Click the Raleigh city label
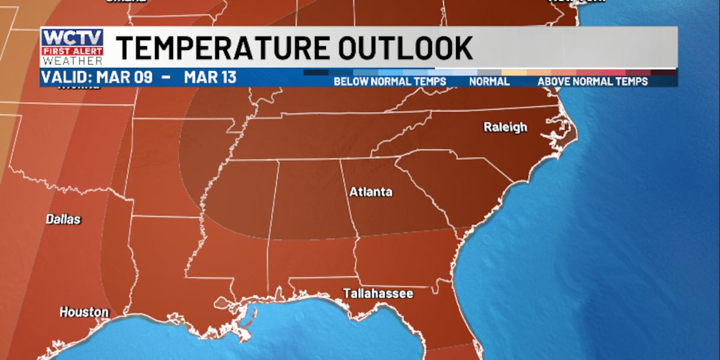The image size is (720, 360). (506, 127)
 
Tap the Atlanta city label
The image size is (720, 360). (371, 192)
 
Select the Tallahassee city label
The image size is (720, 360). (378, 293)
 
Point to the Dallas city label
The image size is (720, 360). (63, 220)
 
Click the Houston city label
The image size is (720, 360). (84, 312)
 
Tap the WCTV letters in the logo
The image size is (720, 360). (72, 37)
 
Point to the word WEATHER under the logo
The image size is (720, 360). (72, 61)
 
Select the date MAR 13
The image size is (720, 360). (210, 77)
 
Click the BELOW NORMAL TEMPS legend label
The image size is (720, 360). (390, 81)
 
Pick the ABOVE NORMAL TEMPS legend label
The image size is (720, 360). (592, 81)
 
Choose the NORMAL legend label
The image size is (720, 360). (489, 81)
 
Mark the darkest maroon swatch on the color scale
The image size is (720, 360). (664, 73)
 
